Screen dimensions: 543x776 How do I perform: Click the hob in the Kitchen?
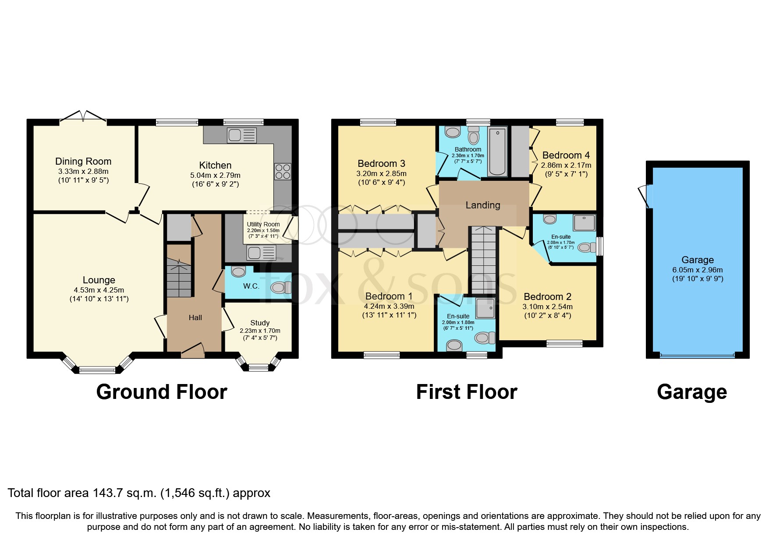pyautogui.click(x=283, y=171)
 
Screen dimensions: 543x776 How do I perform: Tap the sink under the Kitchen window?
pyautogui.click(x=242, y=135)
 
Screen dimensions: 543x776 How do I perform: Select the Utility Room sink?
pyautogui.click(x=262, y=253)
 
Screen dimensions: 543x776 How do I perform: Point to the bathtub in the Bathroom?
pyautogui.click(x=497, y=151)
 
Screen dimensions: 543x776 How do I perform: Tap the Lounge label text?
pyautogui.click(x=99, y=280)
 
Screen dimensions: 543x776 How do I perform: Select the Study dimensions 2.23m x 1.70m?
pyautogui.click(x=260, y=331)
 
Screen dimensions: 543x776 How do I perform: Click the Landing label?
pyautogui.click(x=482, y=205)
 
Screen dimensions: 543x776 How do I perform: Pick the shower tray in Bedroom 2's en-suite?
pyautogui.click(x=584, y=222)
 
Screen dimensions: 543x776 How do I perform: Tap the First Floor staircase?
pyautogui.click(x=483, y=261)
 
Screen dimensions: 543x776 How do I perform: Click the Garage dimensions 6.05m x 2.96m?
pyautogui.click(x=698, y=270)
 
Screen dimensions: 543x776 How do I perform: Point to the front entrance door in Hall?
pyautogui.click(x=193, y=349)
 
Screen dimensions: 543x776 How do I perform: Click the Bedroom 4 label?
pyautogui.click(x=566, y=155)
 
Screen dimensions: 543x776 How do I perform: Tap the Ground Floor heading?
pyautogui.click(x=162, y=392)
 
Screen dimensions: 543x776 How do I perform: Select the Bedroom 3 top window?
pyautogui.click(x=378, y=123)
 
